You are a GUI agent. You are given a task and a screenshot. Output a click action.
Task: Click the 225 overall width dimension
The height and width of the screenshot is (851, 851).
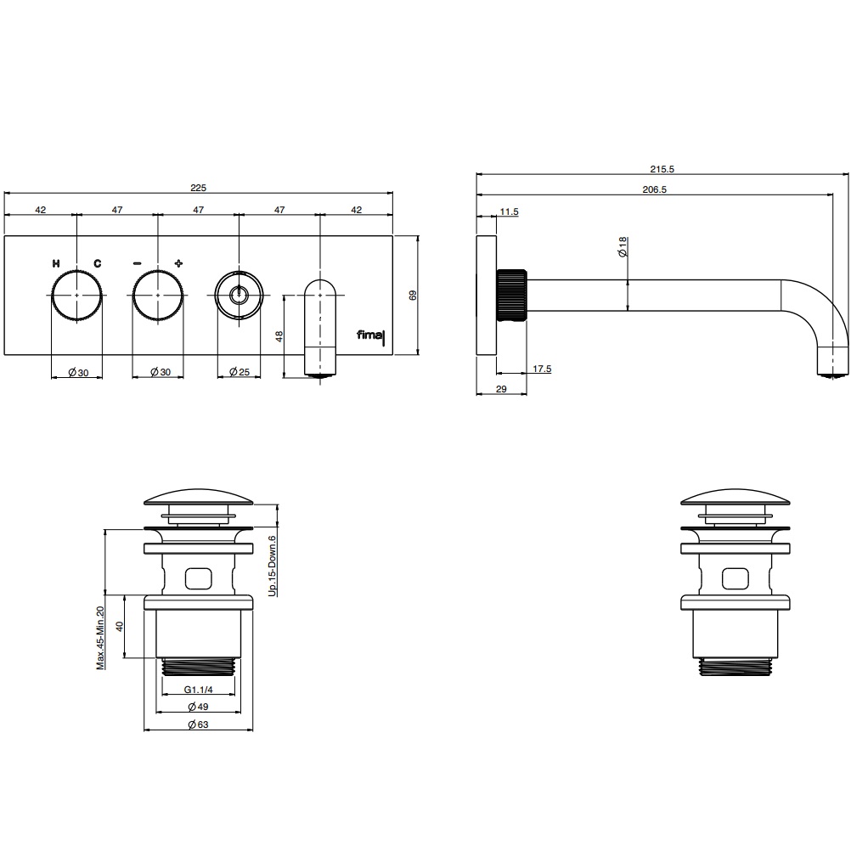pos(198,188)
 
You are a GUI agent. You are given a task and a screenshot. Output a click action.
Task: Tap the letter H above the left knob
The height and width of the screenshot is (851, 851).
pos(56,264)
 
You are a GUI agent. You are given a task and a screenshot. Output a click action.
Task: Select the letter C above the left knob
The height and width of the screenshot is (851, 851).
pos(97,264)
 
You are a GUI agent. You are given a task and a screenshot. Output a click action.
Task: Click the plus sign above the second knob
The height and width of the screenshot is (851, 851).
pos(178,263)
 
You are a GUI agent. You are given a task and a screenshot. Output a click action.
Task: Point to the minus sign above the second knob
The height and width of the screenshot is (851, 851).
pos(138,264)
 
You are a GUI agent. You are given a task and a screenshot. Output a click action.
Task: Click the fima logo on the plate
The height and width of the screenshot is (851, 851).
pos(370,335)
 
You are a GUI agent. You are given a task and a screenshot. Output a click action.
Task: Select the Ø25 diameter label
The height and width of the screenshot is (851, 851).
pos(240,372)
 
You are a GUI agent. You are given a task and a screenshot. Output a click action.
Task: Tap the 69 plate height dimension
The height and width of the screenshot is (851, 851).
pos(413,296)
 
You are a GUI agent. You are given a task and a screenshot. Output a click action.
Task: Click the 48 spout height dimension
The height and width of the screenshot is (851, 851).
pos(279,336)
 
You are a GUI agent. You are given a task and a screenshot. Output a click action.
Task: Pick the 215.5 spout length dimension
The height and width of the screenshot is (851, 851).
pos(662,169)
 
